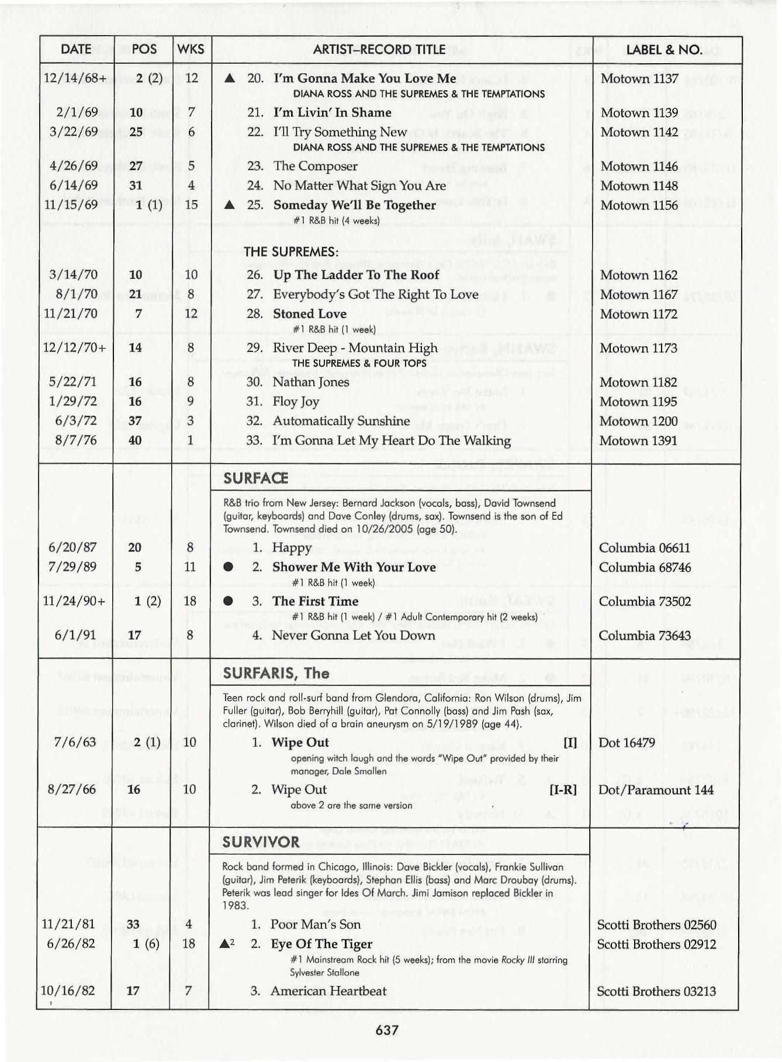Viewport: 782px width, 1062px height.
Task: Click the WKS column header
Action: coord(191,50)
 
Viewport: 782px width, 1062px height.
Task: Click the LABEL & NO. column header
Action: coord(664,50)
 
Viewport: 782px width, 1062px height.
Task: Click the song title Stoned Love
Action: coord(310,313)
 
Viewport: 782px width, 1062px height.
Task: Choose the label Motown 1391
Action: coord(638,440)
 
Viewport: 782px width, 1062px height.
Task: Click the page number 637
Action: coord(387,1030)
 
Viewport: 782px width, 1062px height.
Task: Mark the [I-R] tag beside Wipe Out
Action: coord(563,789)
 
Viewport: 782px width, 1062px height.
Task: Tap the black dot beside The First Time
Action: coord(229,601)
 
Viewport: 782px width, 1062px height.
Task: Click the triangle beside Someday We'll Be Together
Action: coord(230,205)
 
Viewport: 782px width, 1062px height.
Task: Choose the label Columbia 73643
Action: coord(645,636)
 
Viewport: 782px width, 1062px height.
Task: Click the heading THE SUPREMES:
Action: coord(291,252)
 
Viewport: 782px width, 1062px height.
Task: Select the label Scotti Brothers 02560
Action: coord(656,925)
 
